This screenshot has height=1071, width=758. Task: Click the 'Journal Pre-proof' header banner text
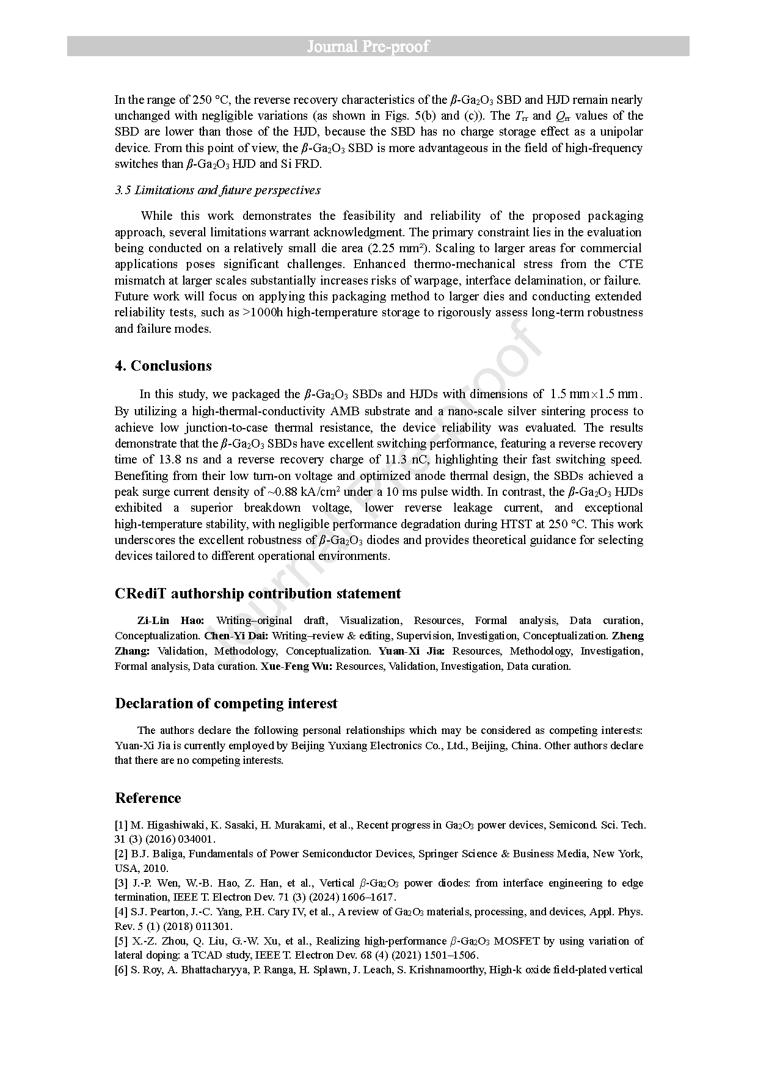click(x=368, y=46)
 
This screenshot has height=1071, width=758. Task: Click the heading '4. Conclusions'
click(x=163, y=366)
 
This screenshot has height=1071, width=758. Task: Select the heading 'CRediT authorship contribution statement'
click(x=258, y=594)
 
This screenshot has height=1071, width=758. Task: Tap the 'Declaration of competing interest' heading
click(x=226, y=703)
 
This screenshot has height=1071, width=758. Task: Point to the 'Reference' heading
click(x=148, y=798)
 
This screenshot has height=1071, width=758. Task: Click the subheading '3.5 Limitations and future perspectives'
click(x=217, y=190)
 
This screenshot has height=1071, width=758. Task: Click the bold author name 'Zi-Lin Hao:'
click(x=170, y=620)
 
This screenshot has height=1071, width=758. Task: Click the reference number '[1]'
click(x=121, y=825)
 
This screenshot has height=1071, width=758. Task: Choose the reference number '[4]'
click(x=121, y=912)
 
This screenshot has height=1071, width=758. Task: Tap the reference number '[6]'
click(x=121, y=970)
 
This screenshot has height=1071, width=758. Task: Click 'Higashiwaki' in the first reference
click(x=168, y=825)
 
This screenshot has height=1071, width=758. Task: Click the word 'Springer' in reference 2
click(x=437, y=854)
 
